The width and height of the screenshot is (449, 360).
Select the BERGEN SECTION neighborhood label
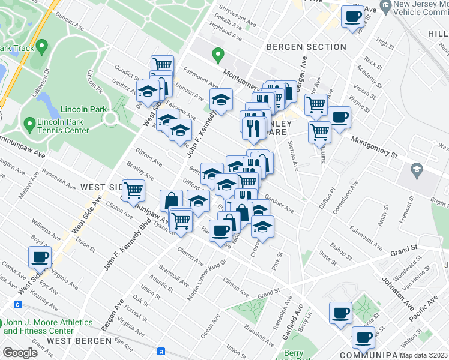pos(307,47)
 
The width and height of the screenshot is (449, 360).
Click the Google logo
pos(20,353)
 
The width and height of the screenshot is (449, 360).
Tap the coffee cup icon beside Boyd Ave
pos(40,257)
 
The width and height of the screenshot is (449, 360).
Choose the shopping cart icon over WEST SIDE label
pos(133,190)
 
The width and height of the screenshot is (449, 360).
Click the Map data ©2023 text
pos(423,355)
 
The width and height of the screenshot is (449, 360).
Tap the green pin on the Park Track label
pos(41,46)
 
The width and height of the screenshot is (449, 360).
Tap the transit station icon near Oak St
pos(161,352)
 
